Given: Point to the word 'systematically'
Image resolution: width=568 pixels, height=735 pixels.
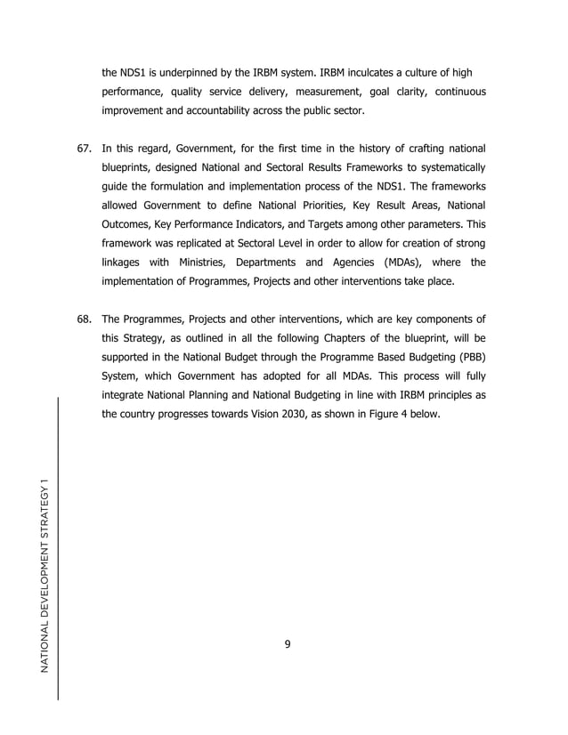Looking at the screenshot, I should [x=447, y=167].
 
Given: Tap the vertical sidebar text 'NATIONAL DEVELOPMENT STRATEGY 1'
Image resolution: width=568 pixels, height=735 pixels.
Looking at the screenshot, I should [x=43, y=575].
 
